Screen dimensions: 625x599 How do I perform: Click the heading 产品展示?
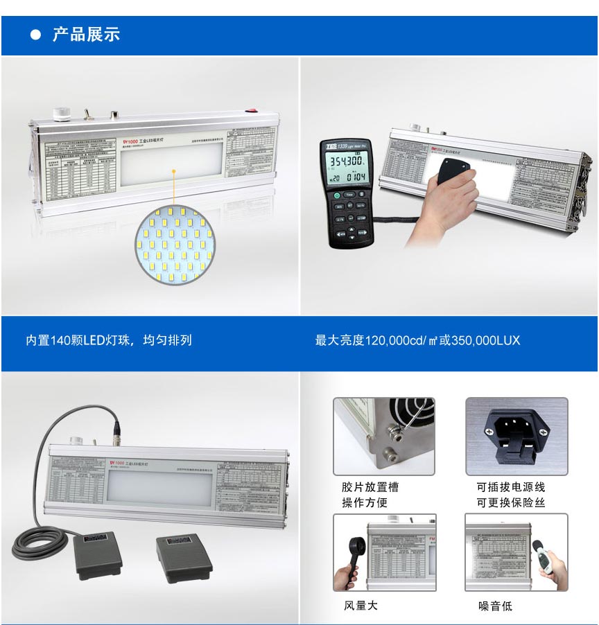click(x=86, y=35)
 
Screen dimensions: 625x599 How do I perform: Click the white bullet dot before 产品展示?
click(x=36, y=35)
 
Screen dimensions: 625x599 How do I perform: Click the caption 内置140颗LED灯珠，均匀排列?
click(x=109, y=340)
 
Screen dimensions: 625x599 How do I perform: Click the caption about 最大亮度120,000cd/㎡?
click(x=417, y=340)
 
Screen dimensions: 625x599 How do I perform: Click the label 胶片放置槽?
click(x=370, y=488)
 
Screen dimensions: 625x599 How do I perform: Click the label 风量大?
click(x=361, y=606)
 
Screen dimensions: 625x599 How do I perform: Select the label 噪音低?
click(x=495, y=606)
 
